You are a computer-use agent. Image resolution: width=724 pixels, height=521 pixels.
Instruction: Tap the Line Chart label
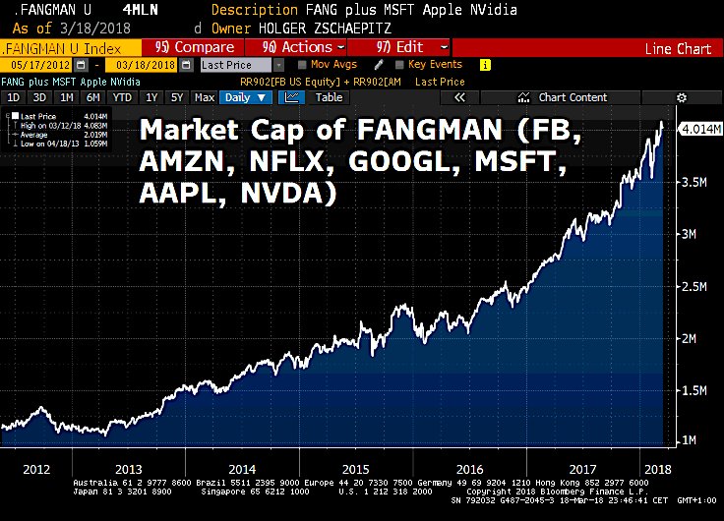[678, 48]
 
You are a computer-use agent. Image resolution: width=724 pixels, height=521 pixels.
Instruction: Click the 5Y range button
[177, 97]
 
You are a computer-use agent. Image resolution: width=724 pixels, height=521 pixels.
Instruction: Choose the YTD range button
[123, 97]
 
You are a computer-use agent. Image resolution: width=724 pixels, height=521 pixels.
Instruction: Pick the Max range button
[205, 97]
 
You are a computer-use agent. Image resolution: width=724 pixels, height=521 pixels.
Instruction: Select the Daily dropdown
[246, 97]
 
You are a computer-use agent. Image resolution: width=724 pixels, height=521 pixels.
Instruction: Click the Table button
[329, 97]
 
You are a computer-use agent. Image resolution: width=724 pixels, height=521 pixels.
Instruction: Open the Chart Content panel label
[573, 97]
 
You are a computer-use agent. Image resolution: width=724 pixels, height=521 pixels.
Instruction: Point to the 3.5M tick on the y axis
[694, 182]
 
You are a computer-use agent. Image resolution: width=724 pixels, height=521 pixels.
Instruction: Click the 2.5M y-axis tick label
[694, 286]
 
